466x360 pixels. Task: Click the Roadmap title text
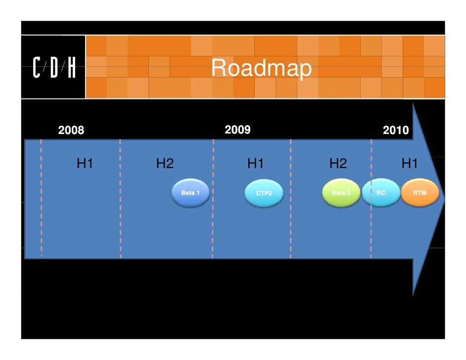click(261, 69)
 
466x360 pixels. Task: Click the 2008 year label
click(71, 131)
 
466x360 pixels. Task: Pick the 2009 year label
click(237, 130)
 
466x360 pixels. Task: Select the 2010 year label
click(396, 131)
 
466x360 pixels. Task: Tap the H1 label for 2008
click(85, 164)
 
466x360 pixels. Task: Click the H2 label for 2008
click(165, 164)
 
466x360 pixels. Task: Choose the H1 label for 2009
click(256, 164)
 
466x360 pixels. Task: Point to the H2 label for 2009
click(338, 164)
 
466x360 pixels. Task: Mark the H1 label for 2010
click(410, 164)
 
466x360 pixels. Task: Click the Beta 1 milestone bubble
click(190, 192)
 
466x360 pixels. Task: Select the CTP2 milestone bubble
click(264, 193)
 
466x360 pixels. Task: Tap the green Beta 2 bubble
click(340, 193)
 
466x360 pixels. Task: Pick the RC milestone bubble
click(381, 192)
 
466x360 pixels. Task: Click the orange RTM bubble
click(420, 192)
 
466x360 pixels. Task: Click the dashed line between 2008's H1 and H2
click(120, 223)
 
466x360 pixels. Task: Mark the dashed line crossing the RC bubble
click(371, 198)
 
